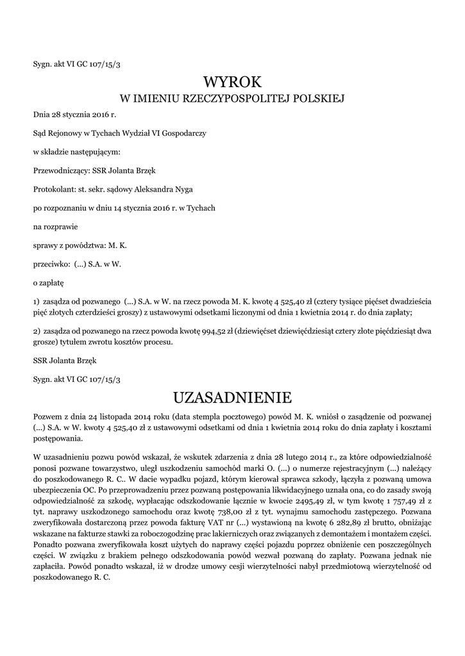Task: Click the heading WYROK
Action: click(x=232, y=82)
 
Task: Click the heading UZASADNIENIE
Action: click(x=232, y=398)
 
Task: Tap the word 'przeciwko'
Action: click(x=49, y=263)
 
